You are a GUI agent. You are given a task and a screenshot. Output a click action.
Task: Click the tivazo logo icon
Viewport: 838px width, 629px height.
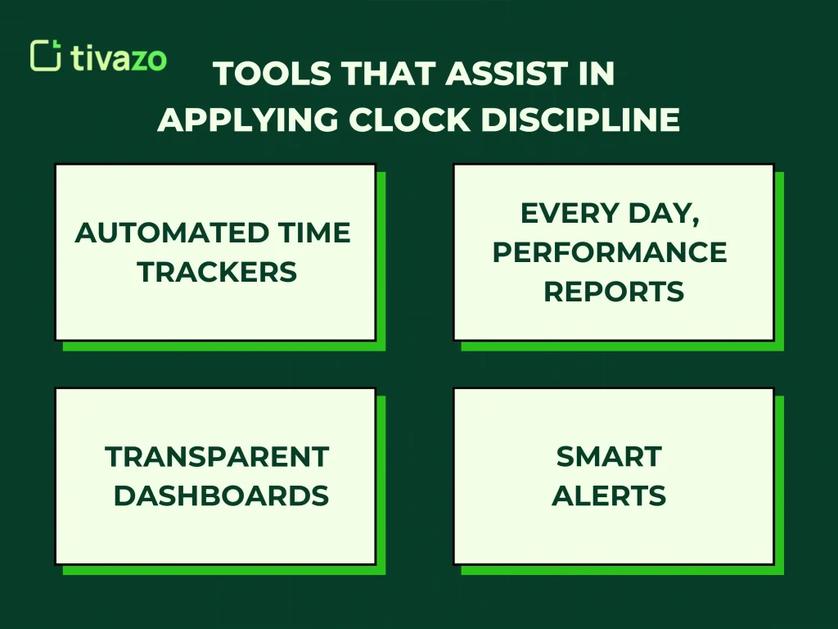click(x=45, y=55)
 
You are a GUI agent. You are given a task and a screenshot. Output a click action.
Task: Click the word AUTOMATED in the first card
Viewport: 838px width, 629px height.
click(x=170, y=233)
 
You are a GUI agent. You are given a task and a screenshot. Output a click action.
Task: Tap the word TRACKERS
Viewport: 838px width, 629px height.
click(x=217, y=272)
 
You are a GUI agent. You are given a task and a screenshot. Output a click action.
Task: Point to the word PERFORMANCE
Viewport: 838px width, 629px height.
click(x=610, y=252)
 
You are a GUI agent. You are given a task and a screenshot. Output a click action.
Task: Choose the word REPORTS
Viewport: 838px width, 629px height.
click(x=614, y=292)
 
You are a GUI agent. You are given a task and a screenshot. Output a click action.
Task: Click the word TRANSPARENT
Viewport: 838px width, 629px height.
click(x=217, y=456)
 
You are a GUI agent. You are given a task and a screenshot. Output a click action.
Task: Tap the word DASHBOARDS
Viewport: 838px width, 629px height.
click(x=221, y=496)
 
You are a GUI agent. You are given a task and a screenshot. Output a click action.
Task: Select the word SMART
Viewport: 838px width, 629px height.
click(x=609, y=456)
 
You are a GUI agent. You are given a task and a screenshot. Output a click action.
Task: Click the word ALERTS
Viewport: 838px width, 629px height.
click(x=609, y=496)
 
